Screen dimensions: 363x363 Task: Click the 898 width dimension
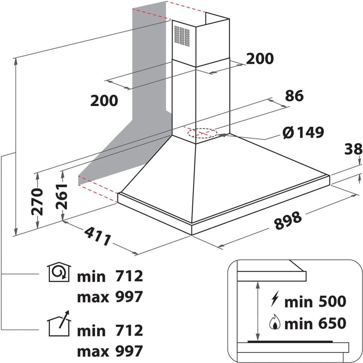[288, 221]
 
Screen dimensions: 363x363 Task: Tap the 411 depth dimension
[97, 237]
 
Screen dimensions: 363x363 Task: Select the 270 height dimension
[37, 201]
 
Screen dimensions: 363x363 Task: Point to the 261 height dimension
[62, 197]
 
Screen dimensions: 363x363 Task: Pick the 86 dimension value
[294, 96]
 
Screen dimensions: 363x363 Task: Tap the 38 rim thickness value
[353, 149]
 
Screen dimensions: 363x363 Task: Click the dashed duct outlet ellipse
[202, 133]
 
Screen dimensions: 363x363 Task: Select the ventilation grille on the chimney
[182, 36]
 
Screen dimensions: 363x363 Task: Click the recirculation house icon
[59, 272]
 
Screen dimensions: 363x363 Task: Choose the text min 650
[315, 323]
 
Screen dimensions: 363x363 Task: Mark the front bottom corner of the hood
[191, 235]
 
